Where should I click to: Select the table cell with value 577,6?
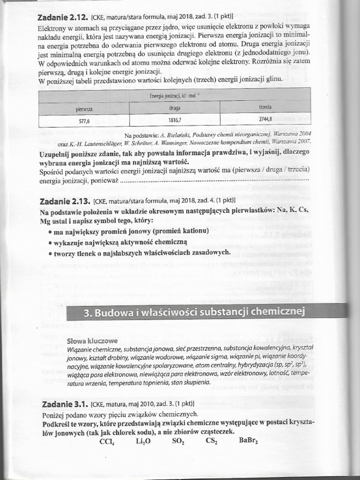84,120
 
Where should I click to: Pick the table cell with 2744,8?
265,119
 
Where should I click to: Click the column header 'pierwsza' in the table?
84,109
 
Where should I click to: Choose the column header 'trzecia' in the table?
265,107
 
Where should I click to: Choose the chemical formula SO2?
178,441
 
